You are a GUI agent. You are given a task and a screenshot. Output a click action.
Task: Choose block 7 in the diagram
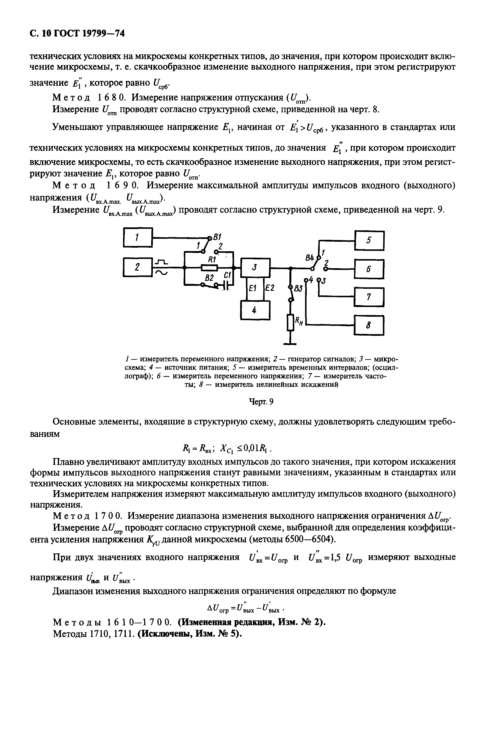pyautogui.click(x=369, y=297)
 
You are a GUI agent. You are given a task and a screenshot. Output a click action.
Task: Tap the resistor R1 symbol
pyautogui.click(x=209, y=267)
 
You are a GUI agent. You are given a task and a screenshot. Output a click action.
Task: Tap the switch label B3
pyautogui.click(x=298, y=288)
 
